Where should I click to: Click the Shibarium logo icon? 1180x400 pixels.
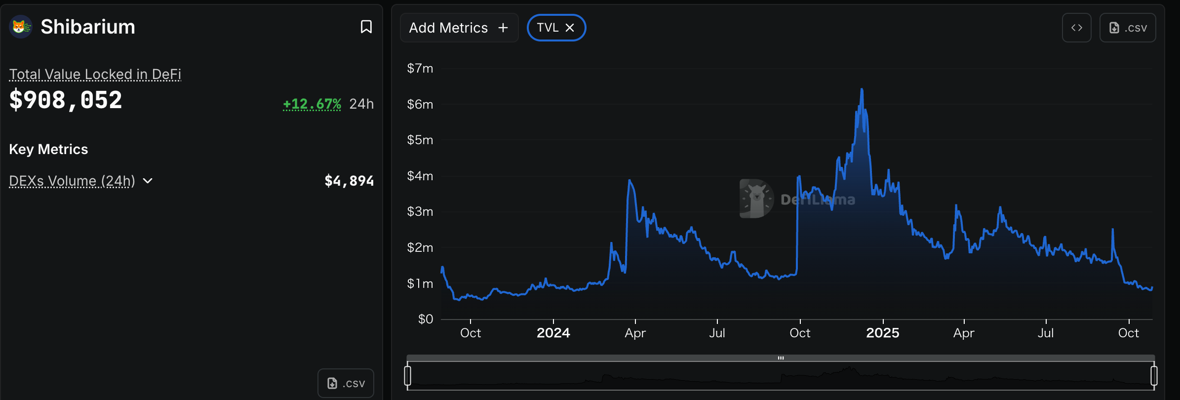[x=21, y=27]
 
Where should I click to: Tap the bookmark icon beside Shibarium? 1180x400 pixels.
[x=366, y=27]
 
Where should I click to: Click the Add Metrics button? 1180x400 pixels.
[x=459, y=28]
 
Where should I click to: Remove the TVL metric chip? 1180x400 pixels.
[x=570, y=28]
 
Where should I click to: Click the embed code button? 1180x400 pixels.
[x=1076, y=28]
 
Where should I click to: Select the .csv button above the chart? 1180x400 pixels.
[x=1128, y=28]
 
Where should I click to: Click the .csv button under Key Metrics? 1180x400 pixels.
[x=346, y=383]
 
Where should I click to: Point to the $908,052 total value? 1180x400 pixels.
[x=66, y=100]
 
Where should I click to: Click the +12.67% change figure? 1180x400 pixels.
[x=312, y=104]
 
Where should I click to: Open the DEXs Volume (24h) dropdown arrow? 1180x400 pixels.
[x=148, y=181]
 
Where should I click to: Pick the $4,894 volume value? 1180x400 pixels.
[x=349, y=181]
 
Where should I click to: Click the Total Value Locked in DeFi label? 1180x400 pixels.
[x=95, y=74]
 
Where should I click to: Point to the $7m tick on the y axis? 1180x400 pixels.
[x=420, y=68]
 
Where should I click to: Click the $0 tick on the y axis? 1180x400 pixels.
[x=425, y=319]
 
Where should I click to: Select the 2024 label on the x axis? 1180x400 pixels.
[x=553, y=333]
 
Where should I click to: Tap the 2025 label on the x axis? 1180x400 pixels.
[x=882, y=333]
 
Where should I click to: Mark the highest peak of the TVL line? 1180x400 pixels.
[x=862, y=89]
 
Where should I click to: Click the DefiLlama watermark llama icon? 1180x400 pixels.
[x=756, y=199]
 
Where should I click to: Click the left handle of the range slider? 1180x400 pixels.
[x=407, y=375]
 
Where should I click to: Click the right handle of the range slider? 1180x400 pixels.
[x=1154, y=375]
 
